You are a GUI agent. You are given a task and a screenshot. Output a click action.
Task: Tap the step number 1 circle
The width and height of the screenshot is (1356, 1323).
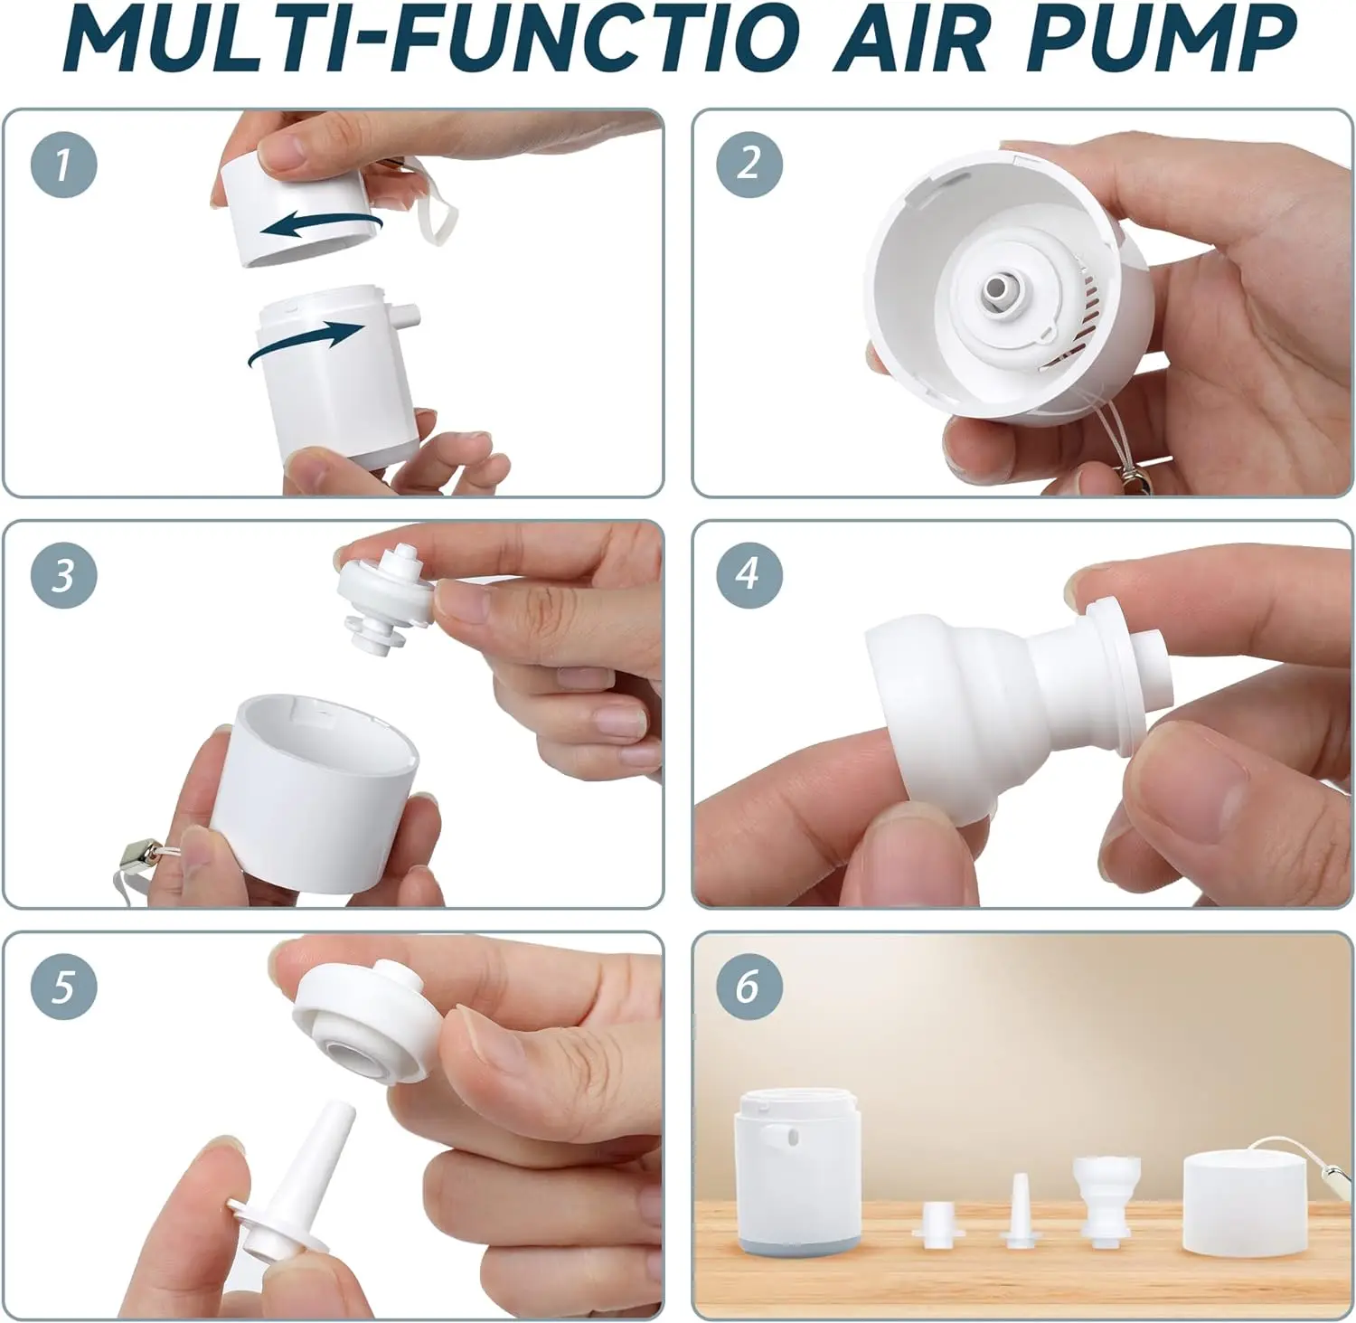(x=63, y=165)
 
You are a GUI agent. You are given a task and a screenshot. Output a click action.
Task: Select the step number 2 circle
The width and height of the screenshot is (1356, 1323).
(x=749, y=165)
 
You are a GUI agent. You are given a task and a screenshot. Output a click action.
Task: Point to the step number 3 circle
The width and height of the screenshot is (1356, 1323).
(x=63, y=575)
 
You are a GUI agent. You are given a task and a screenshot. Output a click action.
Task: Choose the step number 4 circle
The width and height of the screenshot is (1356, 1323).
(x=749, y=575)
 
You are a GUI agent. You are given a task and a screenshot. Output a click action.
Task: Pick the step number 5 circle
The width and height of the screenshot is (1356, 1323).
(x=63, y=987)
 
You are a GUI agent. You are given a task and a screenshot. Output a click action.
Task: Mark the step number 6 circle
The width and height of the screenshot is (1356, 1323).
(x=749, y=987)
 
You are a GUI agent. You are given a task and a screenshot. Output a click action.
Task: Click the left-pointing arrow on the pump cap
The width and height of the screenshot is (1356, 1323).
(x=321, y=223)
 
